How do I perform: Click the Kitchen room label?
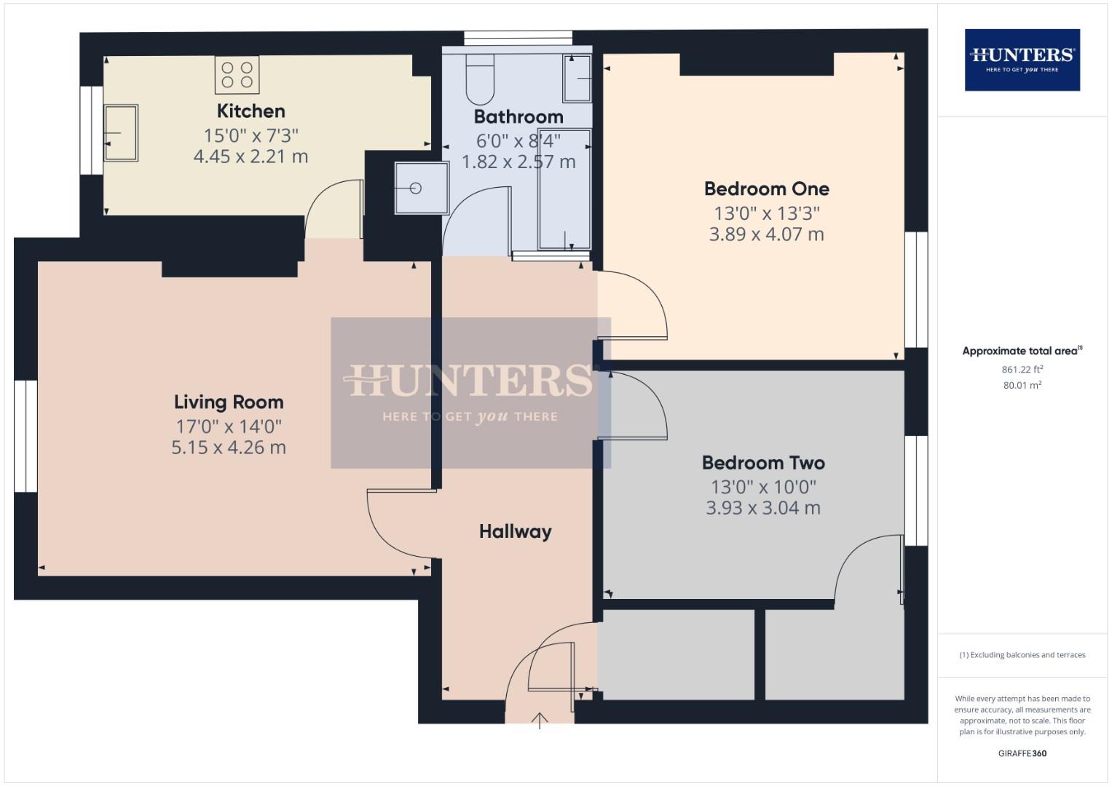(251, 111)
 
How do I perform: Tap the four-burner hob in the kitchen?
(237, 75)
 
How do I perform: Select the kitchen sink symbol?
(121, 133)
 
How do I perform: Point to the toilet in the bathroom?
(479, 79)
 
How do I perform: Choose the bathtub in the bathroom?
(564, 189)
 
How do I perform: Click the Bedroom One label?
(766, 189)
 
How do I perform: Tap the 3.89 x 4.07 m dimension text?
(766, 234)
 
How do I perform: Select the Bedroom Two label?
(762, 463)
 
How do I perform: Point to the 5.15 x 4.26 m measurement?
(229, 448)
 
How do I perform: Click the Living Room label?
(229, 402)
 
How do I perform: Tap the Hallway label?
(515, 532)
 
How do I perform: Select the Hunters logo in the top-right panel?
(1022, 60)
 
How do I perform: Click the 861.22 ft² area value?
(1022, 370)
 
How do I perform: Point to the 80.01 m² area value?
(1022, 386)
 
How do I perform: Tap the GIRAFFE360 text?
(1022, 753)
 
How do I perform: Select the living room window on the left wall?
(25, 435)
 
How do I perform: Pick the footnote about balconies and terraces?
(1022, 655)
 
